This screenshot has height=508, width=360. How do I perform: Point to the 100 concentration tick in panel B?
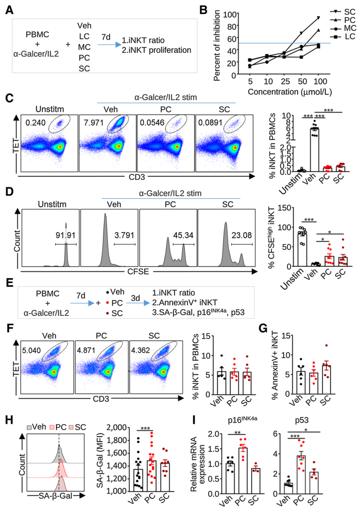coord(318,81)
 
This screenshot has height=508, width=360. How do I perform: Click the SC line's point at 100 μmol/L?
coord(318,17)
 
